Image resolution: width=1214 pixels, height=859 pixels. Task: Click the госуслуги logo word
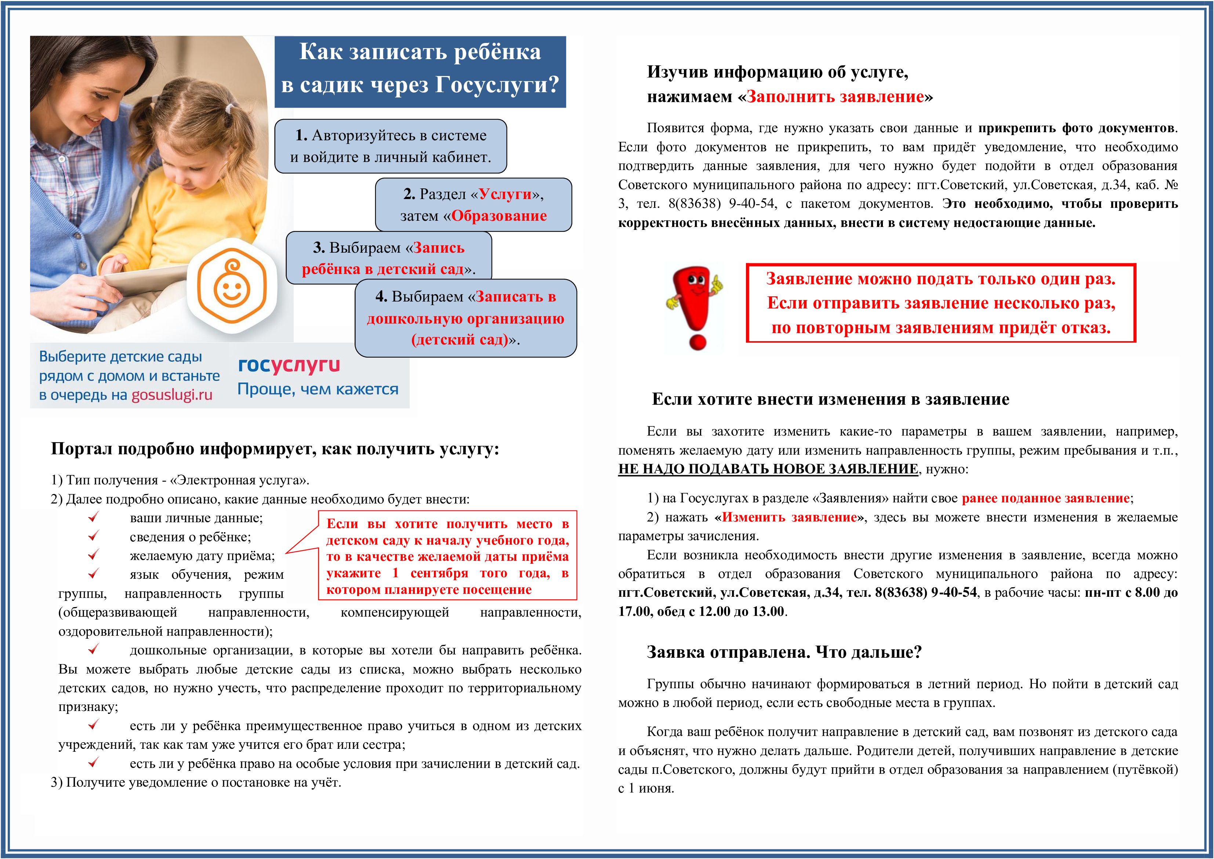pos(289,365)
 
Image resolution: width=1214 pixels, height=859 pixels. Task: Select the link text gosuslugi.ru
pos(172,395)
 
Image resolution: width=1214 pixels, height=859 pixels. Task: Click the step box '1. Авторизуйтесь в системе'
pos(390,146)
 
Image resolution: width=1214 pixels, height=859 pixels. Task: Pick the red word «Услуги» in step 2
pos(505,194)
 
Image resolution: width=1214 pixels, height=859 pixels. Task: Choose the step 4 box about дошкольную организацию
pos(465,318)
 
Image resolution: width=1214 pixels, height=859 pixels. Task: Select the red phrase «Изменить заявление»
pos(789,517)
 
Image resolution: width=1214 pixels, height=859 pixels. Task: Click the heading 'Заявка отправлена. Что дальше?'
pos(784,652)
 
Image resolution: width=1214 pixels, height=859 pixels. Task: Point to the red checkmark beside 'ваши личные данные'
pos(94,517)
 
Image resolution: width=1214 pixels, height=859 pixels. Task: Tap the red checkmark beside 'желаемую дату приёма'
pos(94,555)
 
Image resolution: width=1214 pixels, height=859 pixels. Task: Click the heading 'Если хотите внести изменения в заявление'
pos(830,399)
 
